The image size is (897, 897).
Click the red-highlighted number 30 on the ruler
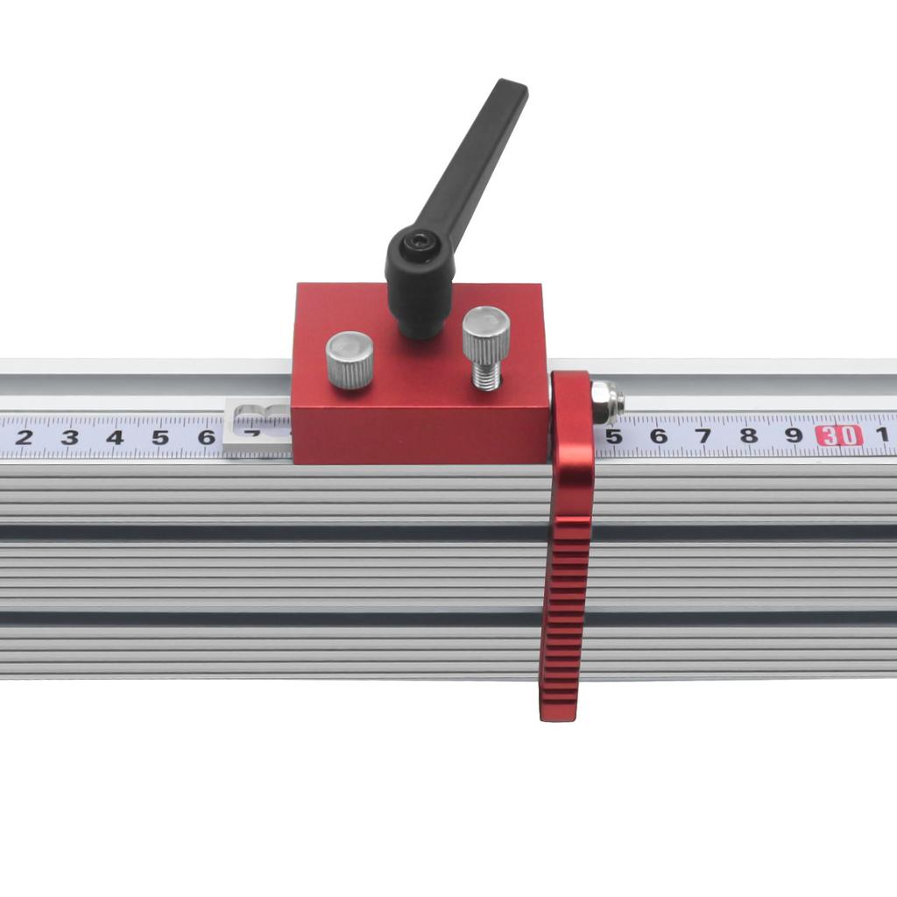tap(839, 435)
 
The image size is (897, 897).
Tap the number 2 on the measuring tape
tap(24, 437)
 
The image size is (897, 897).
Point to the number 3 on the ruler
tap(69, 437)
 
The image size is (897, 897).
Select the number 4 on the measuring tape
tap(115, 437)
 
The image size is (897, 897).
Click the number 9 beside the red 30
tap(794, 435)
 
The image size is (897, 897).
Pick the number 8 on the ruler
tap(748, 435)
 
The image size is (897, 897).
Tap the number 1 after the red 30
tap(882, 434)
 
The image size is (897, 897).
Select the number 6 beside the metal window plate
tap(206, 436)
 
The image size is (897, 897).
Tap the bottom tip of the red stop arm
tap(557, 711)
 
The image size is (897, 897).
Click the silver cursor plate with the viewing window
tap(257, 427)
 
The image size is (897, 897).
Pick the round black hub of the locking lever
tap(420, 263)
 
